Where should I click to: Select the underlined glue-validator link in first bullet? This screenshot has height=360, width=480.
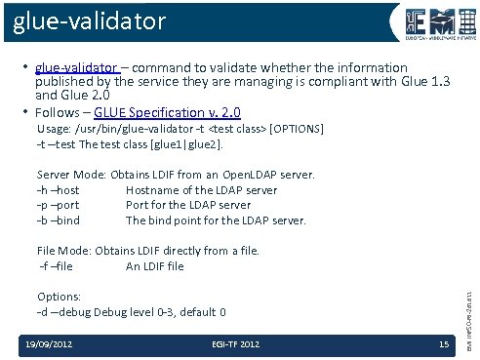76,68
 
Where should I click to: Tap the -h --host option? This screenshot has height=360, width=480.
58,190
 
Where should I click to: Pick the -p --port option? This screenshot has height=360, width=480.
58,205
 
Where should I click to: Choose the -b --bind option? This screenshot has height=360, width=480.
58,220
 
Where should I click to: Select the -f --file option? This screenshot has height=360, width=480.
55,266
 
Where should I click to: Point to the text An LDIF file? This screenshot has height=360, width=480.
154,266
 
